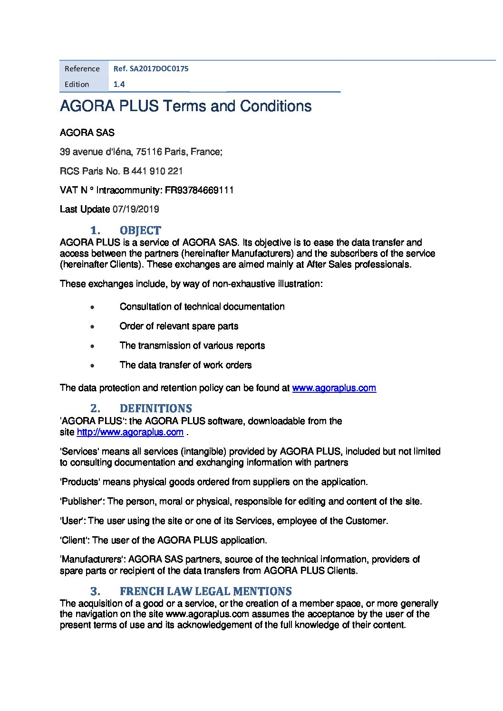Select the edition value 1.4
tap(119, 85)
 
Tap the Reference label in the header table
tap(82, 69)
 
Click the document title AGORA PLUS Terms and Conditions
tap(185, 106)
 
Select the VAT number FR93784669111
tap(199, 190)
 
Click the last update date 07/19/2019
tap(135, 209)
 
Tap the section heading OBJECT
tap(140, 230)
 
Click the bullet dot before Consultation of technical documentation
tap(92, 307)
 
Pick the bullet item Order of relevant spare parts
tap(179, 326)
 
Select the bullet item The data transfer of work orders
tap(185, 365)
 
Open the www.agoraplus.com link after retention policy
tap(334, 388)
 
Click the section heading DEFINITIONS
tap(155, 408)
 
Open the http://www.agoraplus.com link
tap(130, 432)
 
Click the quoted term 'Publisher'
tap(82, 502)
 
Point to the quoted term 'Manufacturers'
tap(92, 559)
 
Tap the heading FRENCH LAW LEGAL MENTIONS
tap(205, 591)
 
